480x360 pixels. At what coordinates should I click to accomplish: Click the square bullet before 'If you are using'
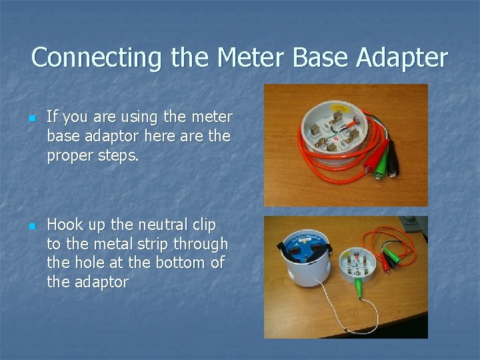32,118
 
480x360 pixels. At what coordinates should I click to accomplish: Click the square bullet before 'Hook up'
32,225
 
